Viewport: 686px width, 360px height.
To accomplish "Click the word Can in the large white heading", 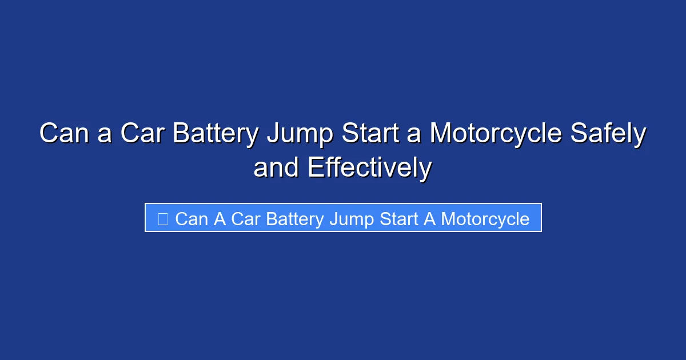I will pos(62,134).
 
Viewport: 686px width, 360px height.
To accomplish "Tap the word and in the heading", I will pos(277,168).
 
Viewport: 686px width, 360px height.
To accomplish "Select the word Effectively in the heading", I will pos(369,168).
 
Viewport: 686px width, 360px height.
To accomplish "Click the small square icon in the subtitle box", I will pos(162,219).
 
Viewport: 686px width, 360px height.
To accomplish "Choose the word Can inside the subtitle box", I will pos(192,219).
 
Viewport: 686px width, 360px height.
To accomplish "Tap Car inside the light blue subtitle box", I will pos(246,219).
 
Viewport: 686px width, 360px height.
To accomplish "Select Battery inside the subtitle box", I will pos(295,219).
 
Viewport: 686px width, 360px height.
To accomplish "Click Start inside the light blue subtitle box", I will pos(398,219).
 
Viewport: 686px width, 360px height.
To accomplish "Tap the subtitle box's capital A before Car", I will pos(221,219).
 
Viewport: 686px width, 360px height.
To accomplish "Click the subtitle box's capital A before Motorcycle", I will pos(429,219).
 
